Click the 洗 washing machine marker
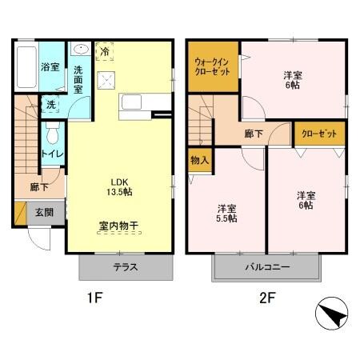50,104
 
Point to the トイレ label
52,154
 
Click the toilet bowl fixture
52,131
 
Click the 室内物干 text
118,226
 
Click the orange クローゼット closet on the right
320,134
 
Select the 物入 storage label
200,160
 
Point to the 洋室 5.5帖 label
227,214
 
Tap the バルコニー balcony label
266,267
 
